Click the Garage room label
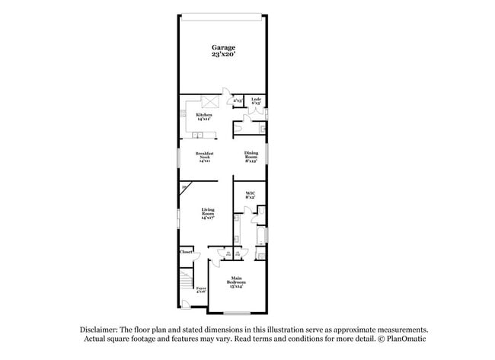click(x=223, y=52)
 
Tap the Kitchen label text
click(x=203, y=116)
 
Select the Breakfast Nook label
click(x=204, y=157)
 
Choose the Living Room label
click(x=208, y=213)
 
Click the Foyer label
click(x=201, y=289)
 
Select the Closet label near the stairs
click(x=186, y=252)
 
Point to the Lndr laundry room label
click(x=257, y=100)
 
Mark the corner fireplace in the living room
click(x=184, y=187)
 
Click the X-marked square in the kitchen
click(x=210, y=102)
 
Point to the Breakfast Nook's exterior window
click(x=178, y=159)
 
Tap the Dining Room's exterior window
click(x=268, y=158)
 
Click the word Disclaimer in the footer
click(x=103, y=330)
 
